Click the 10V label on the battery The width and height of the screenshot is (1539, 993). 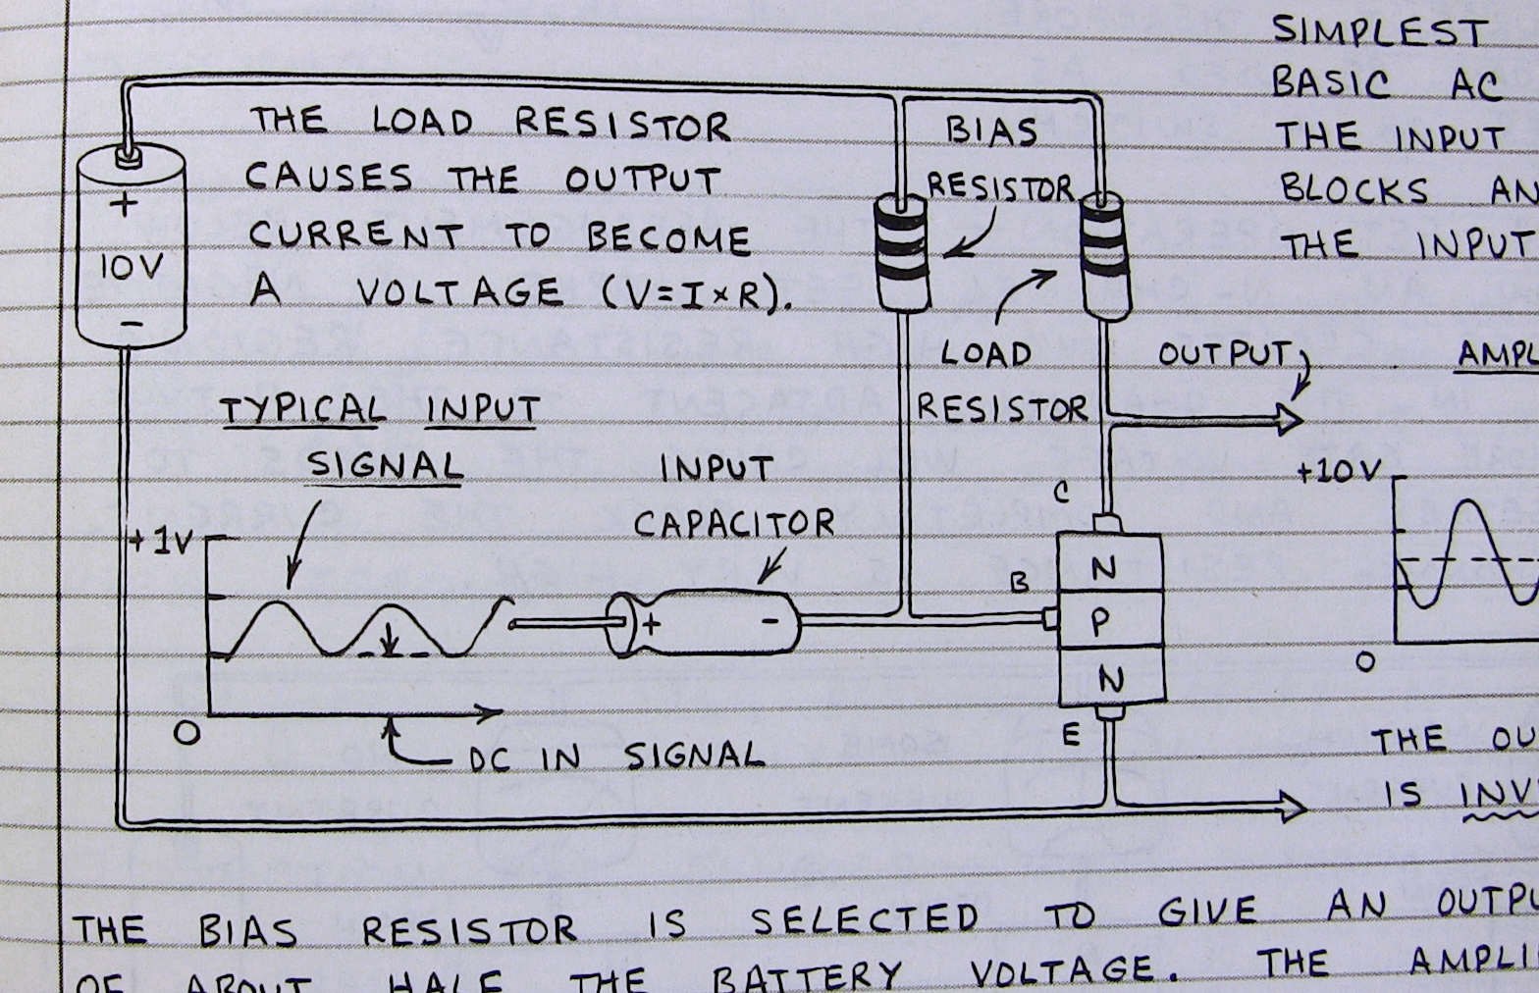(x=131, y=267)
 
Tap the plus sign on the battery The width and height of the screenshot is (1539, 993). (x=124, y=205)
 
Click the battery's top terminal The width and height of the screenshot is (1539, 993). (x=125, y=154)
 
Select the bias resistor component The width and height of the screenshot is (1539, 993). (x=900, y=251)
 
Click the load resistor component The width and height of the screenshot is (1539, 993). (x=1104, y=255)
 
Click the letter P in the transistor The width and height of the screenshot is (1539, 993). (x=1101, y=620)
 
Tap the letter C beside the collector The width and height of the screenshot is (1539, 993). (x=1061, y=493)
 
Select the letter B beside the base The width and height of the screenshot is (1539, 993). (x=1020, y=583)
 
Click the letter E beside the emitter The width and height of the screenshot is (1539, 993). (x=1071, y=735)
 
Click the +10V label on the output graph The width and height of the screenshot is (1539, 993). (x=1338, y=472)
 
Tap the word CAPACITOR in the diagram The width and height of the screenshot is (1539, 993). (x=733, y=523)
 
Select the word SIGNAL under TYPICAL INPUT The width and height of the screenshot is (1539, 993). (x=384, y=464)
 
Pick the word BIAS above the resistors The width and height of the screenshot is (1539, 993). (x=991, y=131)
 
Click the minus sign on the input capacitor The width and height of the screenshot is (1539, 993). (x=770, y=620)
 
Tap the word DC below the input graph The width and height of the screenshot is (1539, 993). (x=489, y=758)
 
